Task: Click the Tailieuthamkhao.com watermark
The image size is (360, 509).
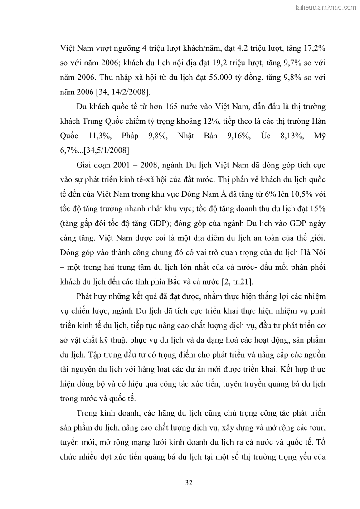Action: tap(326, 7)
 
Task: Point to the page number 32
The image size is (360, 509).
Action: tap(189, 483)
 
